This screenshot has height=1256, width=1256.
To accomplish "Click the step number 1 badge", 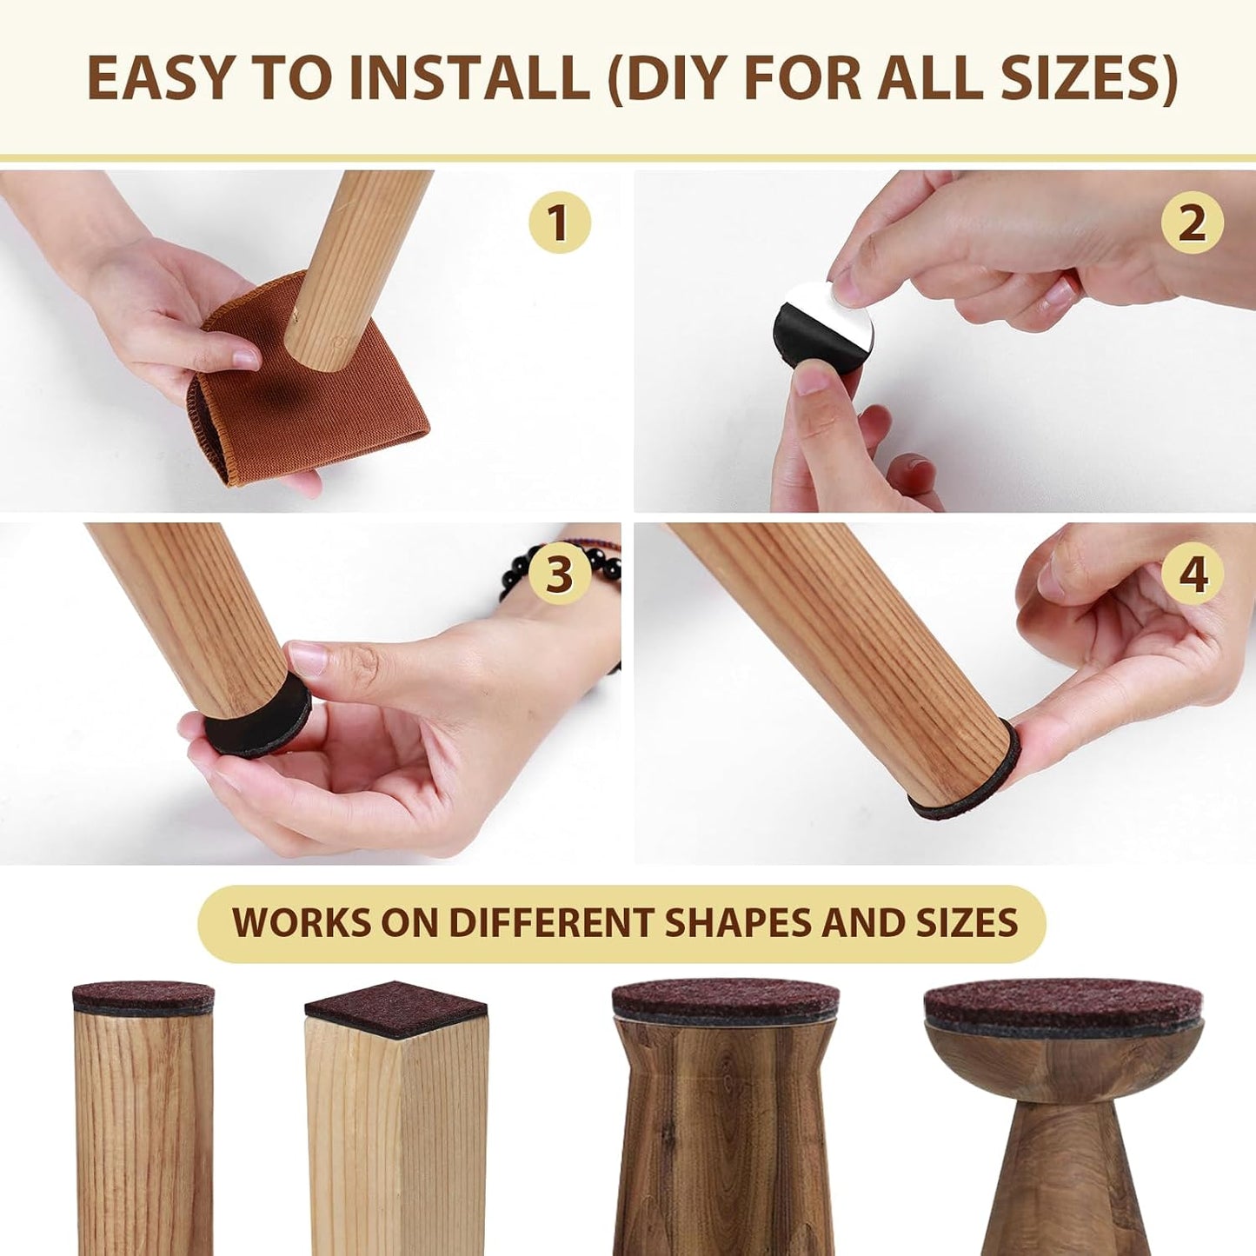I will [x=559, y=223].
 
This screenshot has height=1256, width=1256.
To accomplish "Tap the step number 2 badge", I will [x=1192, y=223].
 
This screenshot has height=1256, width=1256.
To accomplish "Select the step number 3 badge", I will [x=559, y=574].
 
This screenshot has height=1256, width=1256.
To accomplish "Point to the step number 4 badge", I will [x=1192, y=574].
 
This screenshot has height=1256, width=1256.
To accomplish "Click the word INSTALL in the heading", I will [x=469, y=78].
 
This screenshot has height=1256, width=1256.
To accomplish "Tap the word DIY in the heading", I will [x=678, y=78].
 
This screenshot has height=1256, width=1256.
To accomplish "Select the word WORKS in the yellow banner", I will [x=301, y=923].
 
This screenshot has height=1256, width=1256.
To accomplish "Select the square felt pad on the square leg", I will [x=395, y=1008].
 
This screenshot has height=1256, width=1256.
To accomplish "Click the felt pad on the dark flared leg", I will [x=725, y=1000].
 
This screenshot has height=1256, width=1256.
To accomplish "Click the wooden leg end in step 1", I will [x=317, y=348].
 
